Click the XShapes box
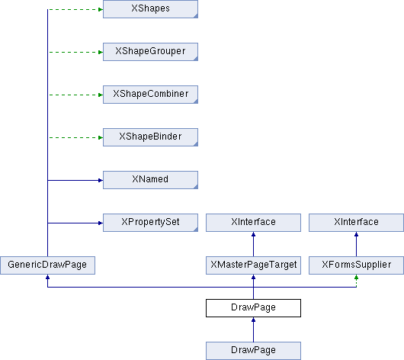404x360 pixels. [x=150, y=9]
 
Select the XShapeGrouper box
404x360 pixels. [x=150, y=52]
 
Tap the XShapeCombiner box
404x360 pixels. [x=150, y=95]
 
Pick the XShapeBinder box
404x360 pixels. [x=150, y=137]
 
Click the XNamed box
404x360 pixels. [x=150, y=180]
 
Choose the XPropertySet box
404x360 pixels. [x=150, y=223]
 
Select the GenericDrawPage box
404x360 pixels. [x=47, y=265]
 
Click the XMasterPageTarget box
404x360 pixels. [x=253, y=265]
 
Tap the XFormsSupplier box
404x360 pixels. [x=356, y=265]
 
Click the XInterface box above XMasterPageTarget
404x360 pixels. [x=253, y=223]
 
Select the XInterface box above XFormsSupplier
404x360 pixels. [x=356, y=223]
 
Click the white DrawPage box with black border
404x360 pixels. [x=253, y=308]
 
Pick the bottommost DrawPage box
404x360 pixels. [x=253, y=351]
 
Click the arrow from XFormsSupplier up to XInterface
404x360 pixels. [x=356, y=244]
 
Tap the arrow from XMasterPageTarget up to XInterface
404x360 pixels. [x=253, y=244]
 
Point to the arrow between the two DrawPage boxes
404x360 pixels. [x=253, y=329]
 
